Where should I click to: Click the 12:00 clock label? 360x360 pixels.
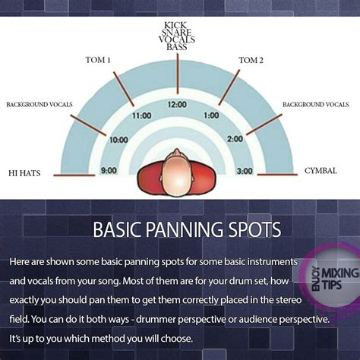[177, 104]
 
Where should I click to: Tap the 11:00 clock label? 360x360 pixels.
[142, 115]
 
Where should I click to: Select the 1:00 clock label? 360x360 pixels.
[211, 115]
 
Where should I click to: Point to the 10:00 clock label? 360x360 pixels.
[118, 140]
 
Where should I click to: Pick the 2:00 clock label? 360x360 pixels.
[235, 139]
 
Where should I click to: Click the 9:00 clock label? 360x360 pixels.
[109, 170]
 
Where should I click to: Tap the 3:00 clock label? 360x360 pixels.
[245, 171]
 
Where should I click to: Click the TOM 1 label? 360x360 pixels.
[98, 60]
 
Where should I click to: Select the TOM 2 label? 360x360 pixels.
[251, 60]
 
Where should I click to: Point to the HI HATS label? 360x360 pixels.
[24, 173]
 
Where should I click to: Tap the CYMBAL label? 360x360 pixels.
[321, 171]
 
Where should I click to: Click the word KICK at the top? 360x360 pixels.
[175, 25]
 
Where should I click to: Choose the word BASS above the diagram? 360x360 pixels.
[177, 47]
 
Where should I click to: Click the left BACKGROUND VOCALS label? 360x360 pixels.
[39, 105]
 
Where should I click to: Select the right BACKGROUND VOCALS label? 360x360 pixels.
[316, 105]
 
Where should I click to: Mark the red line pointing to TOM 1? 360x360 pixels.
[124, 89]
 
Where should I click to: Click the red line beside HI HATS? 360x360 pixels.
[74, 175]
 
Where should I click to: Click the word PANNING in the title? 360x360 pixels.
[186, 229]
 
